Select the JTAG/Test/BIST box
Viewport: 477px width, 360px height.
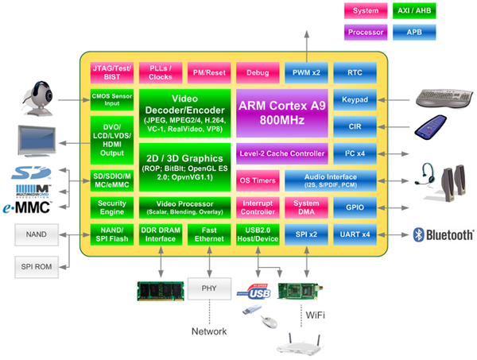coord(111,73)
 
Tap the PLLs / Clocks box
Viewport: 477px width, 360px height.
coord(160,73)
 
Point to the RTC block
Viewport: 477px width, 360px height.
coord(354,73)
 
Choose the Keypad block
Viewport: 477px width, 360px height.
coord(354,101)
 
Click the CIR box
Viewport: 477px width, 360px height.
coord(354,126)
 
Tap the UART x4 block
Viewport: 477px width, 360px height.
coord(354,234)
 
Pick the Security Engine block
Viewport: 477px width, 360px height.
coord(111,207)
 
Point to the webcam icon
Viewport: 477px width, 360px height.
coord(38,99)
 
